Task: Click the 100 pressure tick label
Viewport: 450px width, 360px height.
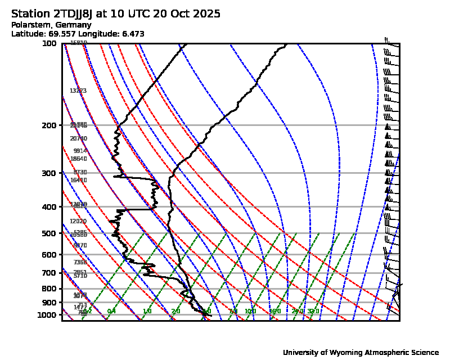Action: [x=49, y=44]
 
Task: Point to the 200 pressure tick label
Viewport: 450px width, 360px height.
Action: [x=49, y=125]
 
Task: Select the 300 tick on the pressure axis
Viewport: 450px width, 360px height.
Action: [x=49, y=173]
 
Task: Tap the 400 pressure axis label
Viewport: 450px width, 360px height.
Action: [x=49, y=207]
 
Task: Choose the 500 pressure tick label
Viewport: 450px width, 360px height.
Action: [x=49, y=233]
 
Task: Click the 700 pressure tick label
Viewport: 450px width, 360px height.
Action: [x=49, y=273]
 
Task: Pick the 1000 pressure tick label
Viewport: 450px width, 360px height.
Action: [x=48, y=314]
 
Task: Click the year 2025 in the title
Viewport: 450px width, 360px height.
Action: [x=204, y=14]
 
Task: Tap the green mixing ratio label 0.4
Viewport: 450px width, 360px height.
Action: [x=111, y=312]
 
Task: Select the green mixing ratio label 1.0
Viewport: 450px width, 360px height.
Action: [x=147, y=312]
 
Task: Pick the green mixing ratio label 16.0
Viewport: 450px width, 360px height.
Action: [x=274, y=312]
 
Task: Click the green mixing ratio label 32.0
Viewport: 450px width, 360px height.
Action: [x=313, y=312]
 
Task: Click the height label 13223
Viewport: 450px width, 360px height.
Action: [x=78, y=91]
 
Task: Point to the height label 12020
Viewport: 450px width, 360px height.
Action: [x=78, y=222]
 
